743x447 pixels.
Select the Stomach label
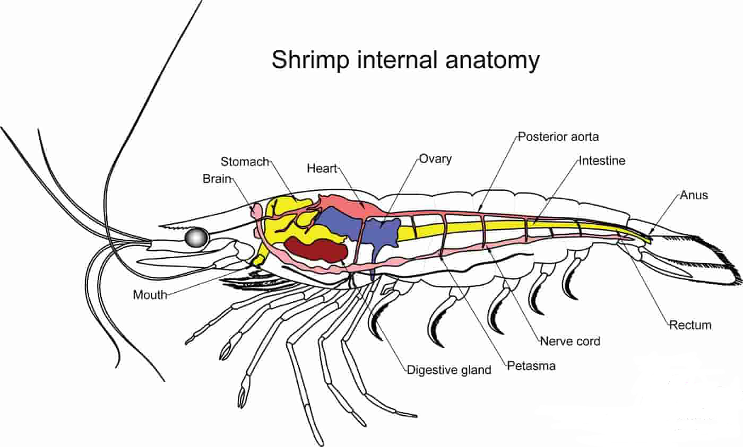coord(245,161)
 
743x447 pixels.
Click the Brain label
coord(217,179)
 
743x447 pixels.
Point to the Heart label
coord(322,169)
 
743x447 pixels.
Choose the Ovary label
coord(435,159)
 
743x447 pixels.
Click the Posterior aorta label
coord(558,136)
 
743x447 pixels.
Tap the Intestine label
coord(602,160)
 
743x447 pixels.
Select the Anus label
coord(694,195)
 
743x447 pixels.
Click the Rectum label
coord(690,325)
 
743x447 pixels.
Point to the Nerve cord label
coord(570,341)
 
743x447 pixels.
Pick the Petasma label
coord(531,365)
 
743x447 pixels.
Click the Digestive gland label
coord(449,370)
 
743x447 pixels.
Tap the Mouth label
coord(150,294)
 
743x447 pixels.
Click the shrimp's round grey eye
coord(196,237)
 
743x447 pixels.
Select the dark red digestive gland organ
coord(315,249)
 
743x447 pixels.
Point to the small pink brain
coord(256,211)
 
